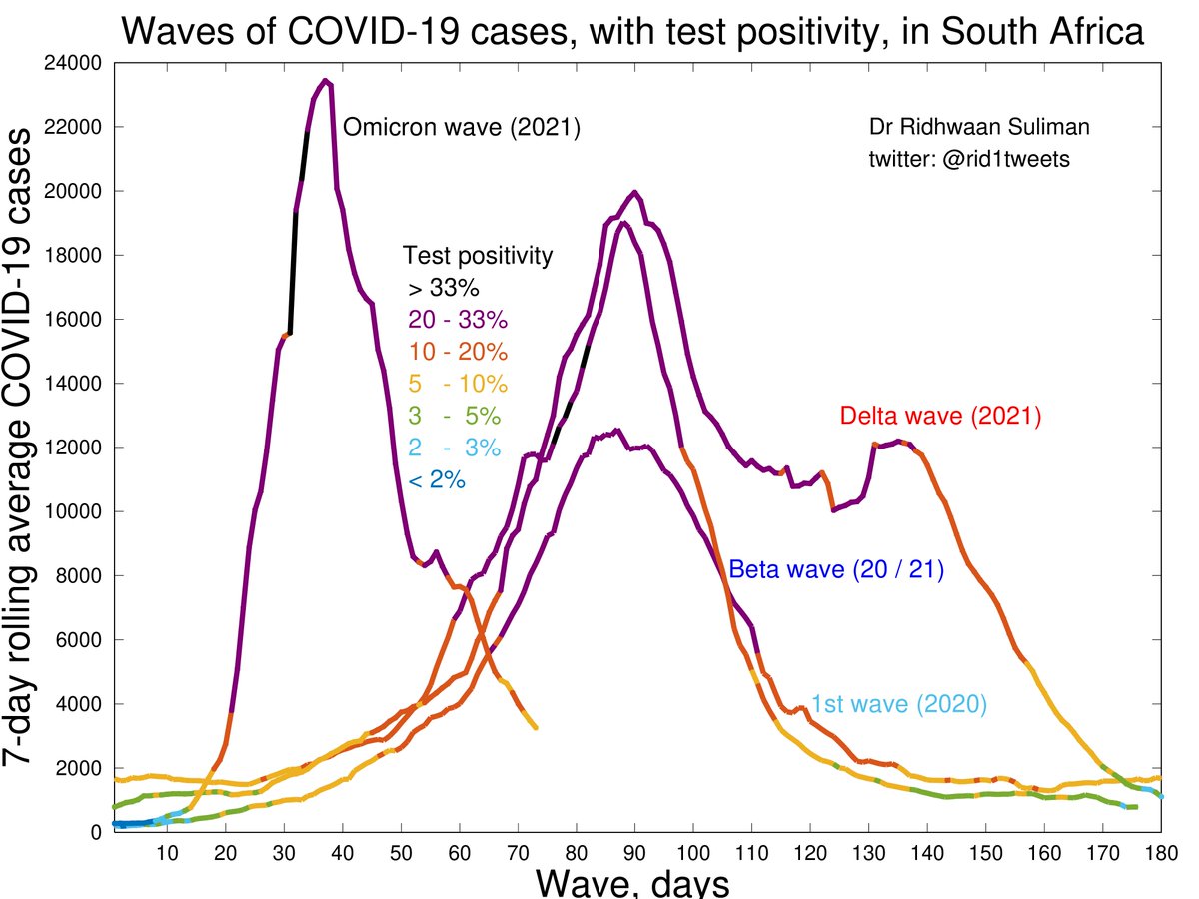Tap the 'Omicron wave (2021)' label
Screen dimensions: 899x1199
462,128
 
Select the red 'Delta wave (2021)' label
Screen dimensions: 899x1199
941,416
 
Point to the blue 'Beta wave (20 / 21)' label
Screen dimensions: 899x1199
836,570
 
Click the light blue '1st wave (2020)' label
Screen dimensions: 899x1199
898,703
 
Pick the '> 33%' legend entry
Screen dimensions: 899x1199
444,289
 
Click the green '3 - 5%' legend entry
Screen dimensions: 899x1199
454,417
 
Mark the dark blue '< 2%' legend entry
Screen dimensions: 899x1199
437,480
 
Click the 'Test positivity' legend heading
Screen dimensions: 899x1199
477,256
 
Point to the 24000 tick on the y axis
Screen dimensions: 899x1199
76,63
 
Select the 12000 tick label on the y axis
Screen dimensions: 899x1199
76,448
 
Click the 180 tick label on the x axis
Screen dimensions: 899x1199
1159,853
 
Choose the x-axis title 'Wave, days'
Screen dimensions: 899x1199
631,882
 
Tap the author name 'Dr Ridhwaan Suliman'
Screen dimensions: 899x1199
965,128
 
